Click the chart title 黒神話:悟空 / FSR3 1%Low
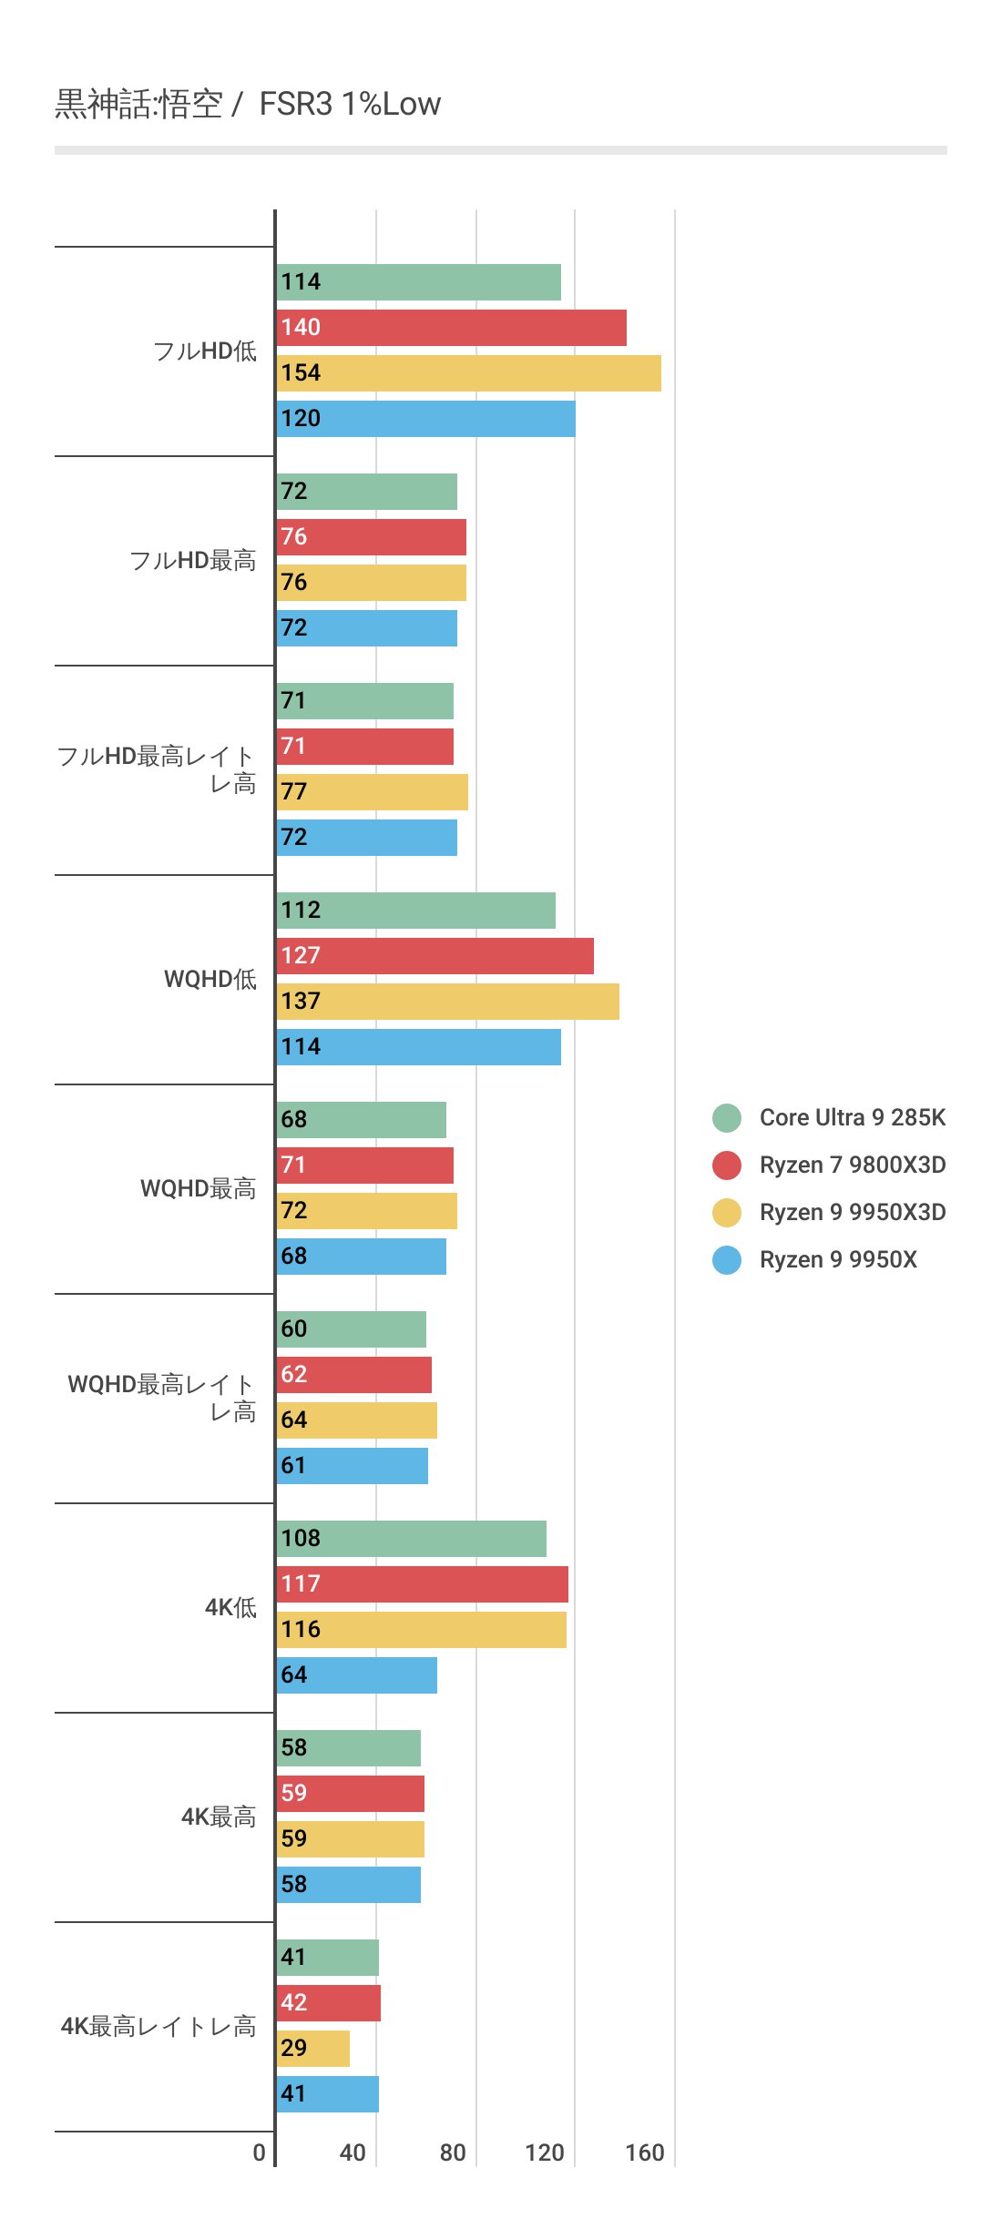click(x=248, y=104)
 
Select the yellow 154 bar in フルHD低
click(x=468, y=373)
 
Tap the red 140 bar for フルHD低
click(x=451, y=328)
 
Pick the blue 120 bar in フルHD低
click(x=425, y=419)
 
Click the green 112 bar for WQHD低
click(x=415, y=911)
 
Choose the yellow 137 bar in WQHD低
click(x=447, y=1002)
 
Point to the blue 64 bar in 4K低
click(x=356, y=1675)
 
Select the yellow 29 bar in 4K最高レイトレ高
click(x=312, y=2049)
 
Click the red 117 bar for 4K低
click(x=422, y=1584)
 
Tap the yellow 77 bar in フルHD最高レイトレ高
click(x=372, y=792)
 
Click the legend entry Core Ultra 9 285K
click(x=852, y=1117)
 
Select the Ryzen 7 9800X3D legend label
click(x=852, y=1165)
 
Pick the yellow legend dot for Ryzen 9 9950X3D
click(x=727, y=1213)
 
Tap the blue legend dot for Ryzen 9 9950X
click(x=727, y=1260)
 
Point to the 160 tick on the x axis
click(x=644, y=2153)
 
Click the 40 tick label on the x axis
click(x=353, y=2153)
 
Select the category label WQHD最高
click(x=198, y=1188)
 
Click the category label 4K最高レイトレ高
click(x=158, y=2026)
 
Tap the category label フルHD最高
click(x=192, y=560)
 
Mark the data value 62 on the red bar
click(x=293, y=1374)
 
